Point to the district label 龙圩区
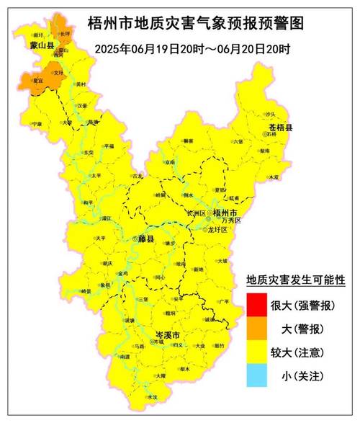(x=217, y=229)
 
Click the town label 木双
(x=274, y=176)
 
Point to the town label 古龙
(x=138, y=175)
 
